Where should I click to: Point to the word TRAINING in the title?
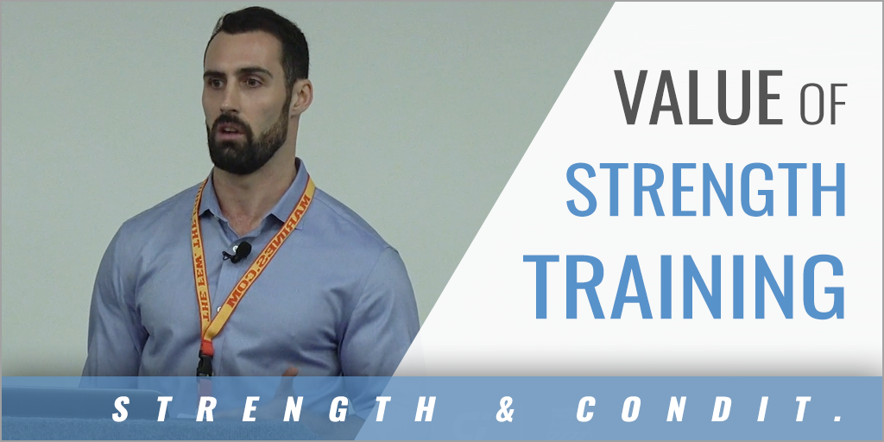pos(685,278)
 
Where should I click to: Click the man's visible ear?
pos(300,95)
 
